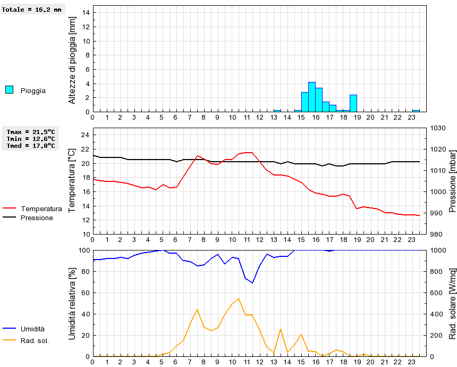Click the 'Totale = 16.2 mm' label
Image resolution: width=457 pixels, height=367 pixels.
31,10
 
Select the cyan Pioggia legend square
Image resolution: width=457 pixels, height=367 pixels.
10,90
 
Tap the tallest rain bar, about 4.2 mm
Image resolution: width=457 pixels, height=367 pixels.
312,97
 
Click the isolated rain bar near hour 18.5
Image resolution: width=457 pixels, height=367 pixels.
353,103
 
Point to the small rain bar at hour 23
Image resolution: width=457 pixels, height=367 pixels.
416,111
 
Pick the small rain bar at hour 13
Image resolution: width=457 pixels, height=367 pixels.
277,111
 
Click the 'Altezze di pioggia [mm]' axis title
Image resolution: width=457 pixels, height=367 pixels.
72,59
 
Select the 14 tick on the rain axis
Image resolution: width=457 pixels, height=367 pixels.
87,13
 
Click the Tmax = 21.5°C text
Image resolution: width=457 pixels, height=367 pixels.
31,132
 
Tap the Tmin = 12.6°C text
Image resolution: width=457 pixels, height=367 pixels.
31,139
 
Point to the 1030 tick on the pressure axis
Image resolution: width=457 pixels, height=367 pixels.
438,128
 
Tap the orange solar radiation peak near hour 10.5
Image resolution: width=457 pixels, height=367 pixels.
239,298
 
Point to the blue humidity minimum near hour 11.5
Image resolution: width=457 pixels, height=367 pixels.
252,283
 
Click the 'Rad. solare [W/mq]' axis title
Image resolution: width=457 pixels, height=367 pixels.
453,304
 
